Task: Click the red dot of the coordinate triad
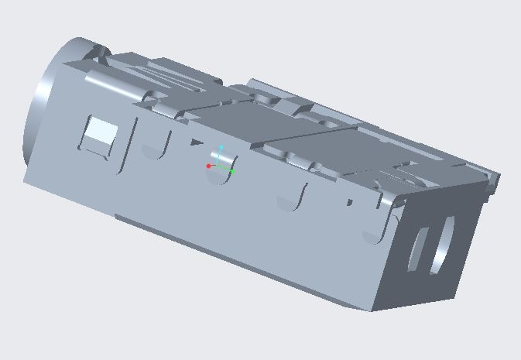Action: (209, 166)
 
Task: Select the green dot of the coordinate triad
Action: (232, 171)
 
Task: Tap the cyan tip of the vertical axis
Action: (221, 146)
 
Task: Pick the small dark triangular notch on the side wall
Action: (197, 142)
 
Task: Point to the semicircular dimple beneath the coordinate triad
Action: (221, 177)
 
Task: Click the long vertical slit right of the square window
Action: (129, 146)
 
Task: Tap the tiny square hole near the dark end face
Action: (350, 203)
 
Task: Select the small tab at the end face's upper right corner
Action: (492, 183)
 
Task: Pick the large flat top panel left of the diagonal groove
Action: (232, 124)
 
